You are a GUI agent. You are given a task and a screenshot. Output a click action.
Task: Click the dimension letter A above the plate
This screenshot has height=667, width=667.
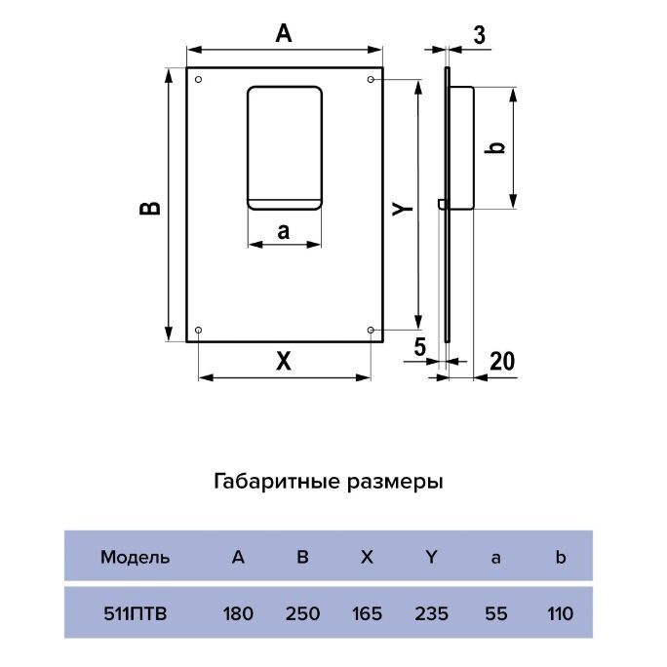pos(284,33)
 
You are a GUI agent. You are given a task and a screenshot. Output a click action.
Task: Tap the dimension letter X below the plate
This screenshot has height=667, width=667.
pos(283,361)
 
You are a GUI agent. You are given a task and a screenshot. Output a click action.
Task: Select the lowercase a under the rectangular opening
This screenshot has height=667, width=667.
pos(284,232)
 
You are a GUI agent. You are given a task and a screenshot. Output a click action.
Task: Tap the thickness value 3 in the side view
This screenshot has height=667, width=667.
pos(478,36)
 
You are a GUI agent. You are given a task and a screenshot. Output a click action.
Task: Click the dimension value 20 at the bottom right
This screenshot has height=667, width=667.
pos(501,361)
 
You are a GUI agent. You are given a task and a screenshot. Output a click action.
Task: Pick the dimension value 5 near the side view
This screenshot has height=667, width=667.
pos(420,345)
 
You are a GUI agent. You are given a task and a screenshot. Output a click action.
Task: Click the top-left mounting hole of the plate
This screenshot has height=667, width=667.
pos(199,79)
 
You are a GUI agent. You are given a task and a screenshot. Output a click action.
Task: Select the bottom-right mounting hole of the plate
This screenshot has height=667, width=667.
pos(371,331)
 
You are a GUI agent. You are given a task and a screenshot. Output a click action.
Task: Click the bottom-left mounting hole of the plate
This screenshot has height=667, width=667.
pos(199,331)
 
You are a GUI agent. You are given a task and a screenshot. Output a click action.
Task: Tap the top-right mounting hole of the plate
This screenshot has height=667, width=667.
pos(371,79)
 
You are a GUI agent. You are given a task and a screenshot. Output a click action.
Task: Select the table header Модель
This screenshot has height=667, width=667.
pos(136,558)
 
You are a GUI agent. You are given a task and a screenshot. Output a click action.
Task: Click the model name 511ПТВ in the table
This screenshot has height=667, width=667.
pos(135,613)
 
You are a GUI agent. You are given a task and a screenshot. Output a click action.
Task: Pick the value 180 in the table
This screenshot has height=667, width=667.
pos(238,613)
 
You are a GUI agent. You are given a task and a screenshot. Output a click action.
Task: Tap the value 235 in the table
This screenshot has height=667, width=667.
pos(431,613)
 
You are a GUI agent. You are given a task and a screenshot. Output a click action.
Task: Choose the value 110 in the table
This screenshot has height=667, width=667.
pos(560,613)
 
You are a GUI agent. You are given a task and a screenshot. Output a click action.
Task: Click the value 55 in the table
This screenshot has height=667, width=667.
pos(495,613)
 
